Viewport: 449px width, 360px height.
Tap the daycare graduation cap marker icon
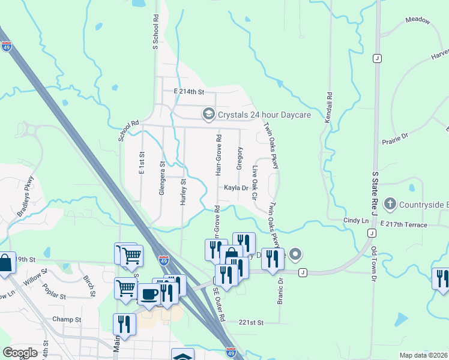click(x=208, y=113)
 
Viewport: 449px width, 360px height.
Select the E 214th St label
click(x=190, y=92)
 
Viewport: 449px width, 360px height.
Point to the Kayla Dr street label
click(x=236, y=188)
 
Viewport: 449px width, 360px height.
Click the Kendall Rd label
click(x=329, y=108)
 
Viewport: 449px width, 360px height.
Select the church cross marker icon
click(x=390, y=204)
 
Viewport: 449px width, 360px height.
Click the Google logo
click(x=20, y=353)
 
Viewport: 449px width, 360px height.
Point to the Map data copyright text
click(x=424, y=355)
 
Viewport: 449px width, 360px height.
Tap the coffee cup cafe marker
click(x=149, y=293)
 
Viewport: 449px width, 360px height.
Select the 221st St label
click(x=252, y=323)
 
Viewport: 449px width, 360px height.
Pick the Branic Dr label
click(x=280, y=291)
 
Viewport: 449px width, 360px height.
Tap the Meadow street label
click(x=418, y=20)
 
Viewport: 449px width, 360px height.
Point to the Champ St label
click(x=66, y=319)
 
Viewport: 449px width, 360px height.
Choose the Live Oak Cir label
click(x=255, y=183)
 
